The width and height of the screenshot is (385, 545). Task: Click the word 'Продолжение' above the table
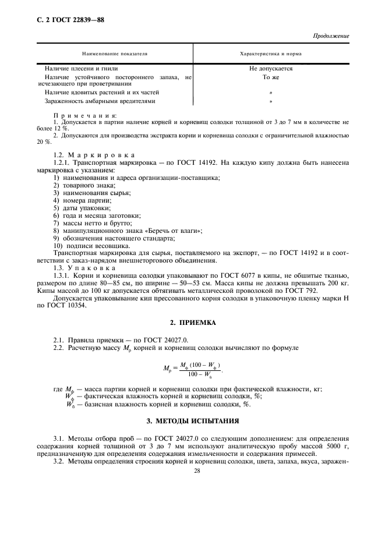click(330, 36)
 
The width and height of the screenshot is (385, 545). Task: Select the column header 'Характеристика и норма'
click(271, 53)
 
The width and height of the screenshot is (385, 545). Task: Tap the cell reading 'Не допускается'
click(271, 69)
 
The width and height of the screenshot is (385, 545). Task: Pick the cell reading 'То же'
click(271, 77)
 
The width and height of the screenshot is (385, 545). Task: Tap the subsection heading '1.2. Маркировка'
click(93, 155)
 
